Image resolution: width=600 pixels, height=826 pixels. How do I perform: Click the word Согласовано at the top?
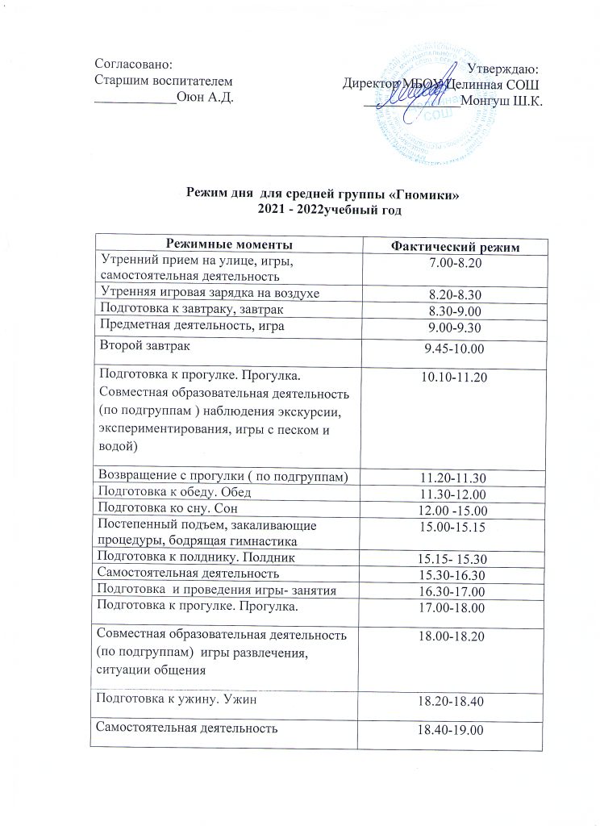(x=134, y=63)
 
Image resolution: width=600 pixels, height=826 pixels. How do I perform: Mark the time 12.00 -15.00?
(x=454, y=511)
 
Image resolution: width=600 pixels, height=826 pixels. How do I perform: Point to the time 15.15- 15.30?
(x=454, y=559)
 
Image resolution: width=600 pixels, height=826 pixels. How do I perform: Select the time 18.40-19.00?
(x=454, y=730)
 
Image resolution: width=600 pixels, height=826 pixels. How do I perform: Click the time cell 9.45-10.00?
(x=454, y=348)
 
